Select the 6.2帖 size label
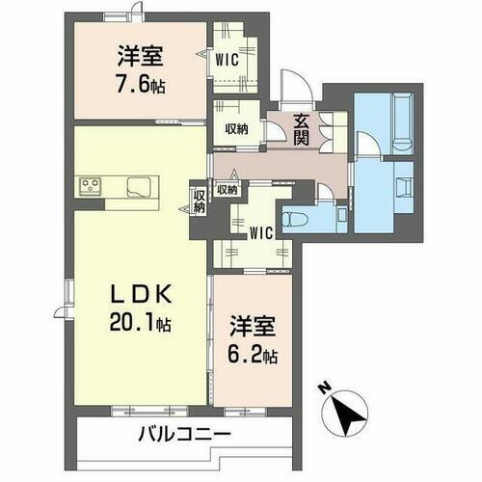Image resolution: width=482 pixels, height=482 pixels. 253,355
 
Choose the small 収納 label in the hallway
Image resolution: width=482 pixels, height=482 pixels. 228,190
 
